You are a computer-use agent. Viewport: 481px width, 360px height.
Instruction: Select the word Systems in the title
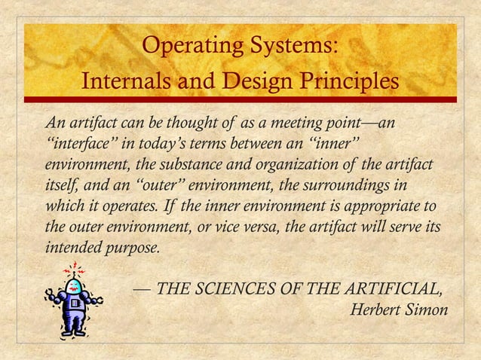point(293,47)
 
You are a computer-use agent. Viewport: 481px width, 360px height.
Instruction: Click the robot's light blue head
point(73,285)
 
